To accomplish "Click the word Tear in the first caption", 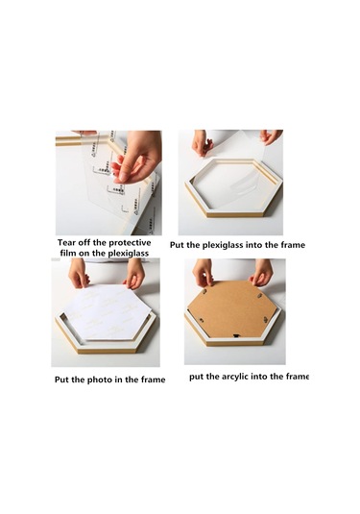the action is tap(67, 242).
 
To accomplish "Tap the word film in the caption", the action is tap(67, 253).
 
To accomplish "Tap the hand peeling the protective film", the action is tap(137, 157).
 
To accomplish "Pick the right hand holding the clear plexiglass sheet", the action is tap(271, 136).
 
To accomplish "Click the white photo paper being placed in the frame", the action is tap(106, 311).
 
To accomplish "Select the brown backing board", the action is tap(232, 309).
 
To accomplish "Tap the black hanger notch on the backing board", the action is tap(235, 335).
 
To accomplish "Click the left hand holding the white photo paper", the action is tap(78, 273).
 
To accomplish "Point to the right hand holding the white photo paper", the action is tap(134, 274).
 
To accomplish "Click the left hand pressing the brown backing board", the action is tap(203, 273).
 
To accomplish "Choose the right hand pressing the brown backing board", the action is tap(261, 273).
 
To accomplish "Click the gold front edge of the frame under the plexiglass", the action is tap(235, 214).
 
